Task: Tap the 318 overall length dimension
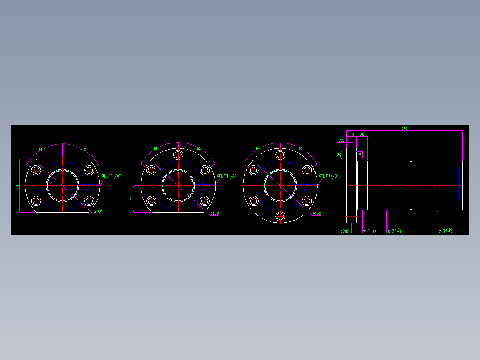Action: [404, 128]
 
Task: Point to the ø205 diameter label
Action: [344, 231]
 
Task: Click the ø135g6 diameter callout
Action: [370, 231]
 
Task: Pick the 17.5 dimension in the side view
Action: [340, 140]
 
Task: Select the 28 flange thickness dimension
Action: [351, 134]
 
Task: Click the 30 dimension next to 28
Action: [362, 134]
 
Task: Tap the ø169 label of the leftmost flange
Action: [98, 212]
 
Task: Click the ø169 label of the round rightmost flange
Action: [317, 213]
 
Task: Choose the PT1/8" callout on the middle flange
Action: [227, 176]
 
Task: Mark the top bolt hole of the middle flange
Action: [178, 155]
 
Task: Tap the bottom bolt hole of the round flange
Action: [280, 217]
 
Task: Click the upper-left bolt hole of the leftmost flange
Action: [36, 170]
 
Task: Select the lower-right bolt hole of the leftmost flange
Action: [89, 200]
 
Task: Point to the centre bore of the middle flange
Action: [178, 185]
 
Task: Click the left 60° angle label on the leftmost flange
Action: [42, 150]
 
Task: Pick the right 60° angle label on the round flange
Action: [301, 148]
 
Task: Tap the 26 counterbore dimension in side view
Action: [339, 155]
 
